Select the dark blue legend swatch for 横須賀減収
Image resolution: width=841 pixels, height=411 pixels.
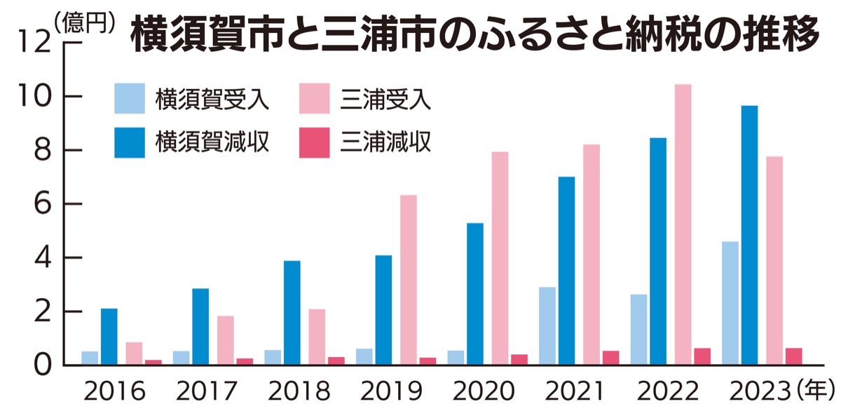coord(130,142)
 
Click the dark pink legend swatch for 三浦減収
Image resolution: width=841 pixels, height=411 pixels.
coord(315,142)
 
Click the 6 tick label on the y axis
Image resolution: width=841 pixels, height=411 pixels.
coord(44,205)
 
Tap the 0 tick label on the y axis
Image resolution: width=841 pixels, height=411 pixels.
coord(44,365)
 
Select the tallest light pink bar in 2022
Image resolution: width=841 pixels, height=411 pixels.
coord(683,224)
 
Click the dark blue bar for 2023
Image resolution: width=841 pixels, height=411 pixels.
coord(750,235)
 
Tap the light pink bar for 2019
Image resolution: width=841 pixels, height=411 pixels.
coord(409,281)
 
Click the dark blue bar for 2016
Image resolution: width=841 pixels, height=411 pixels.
coord(109,337)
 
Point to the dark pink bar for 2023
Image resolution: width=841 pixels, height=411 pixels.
coord(794,357)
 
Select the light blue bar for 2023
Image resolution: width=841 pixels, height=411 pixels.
coord(730,304)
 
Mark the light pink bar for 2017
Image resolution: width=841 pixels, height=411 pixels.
coord(226,341)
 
